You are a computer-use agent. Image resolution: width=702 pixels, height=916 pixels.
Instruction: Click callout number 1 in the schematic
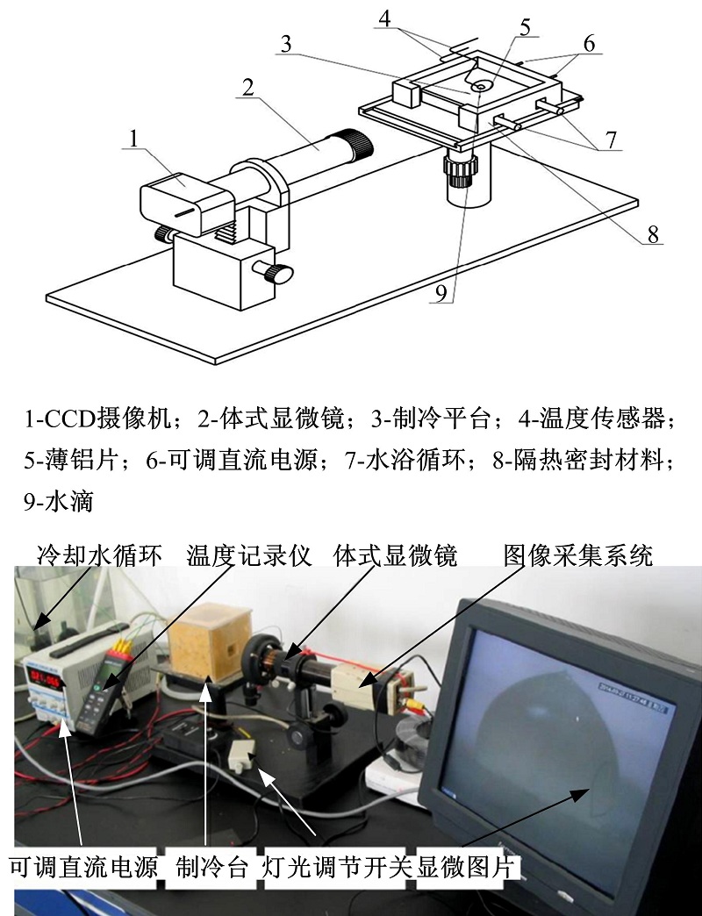click(134, 139)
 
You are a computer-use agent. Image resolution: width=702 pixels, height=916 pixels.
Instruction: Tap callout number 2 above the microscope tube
click(248, 88)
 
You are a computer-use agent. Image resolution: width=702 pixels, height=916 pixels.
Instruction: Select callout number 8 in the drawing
click(653, 234)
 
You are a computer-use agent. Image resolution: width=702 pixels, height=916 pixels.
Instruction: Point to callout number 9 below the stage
click(441, 292)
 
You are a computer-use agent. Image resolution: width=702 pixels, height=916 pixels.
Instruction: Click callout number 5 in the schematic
click(525, 27)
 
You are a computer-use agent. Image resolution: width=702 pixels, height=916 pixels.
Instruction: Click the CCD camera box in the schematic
click(187, 202)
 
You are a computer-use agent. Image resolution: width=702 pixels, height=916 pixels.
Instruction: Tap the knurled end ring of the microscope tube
click(358, 145)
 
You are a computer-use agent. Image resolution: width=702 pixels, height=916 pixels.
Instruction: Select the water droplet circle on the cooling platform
click(481, 87)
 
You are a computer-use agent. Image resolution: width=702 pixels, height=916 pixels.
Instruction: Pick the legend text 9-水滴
click(59, 501)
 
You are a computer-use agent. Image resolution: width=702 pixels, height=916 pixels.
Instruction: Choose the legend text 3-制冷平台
click(431, 419)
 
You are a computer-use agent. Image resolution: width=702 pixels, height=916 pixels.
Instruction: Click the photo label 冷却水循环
click(99, 555)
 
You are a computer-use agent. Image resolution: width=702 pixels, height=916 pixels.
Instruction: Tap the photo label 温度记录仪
click(249, 555)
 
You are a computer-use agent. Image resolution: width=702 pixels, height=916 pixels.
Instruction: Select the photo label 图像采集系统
click(578, 555)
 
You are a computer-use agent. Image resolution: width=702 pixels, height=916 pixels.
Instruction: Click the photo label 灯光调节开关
click(339, 866)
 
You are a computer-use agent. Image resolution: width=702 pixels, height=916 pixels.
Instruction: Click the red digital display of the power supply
click(46, 680)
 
